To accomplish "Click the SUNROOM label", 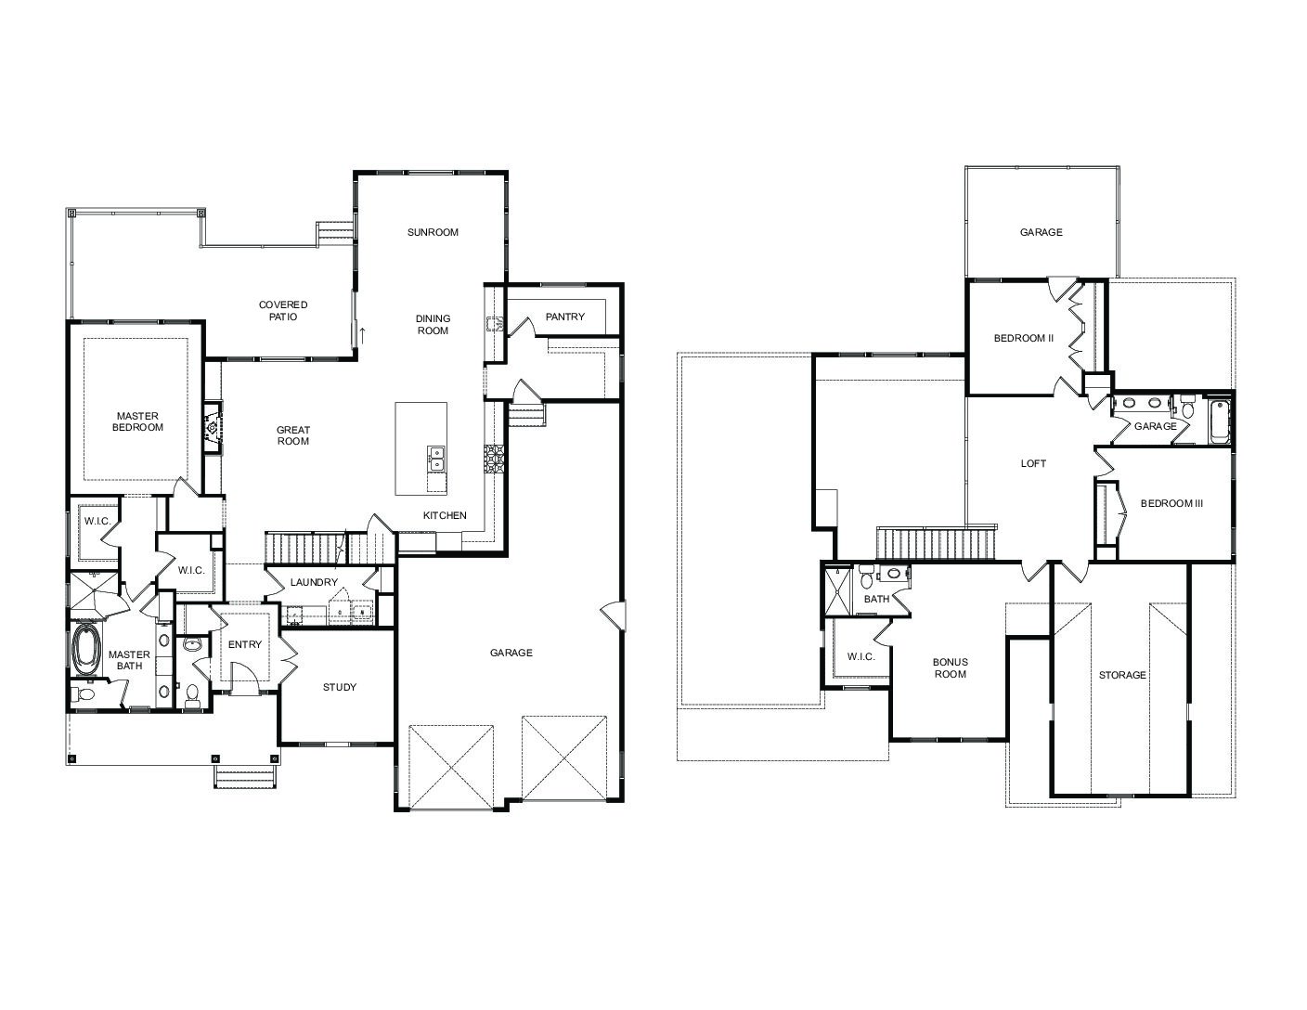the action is pos(433,232).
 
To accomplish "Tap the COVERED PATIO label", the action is pos(283,310).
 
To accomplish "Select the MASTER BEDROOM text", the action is pos(137,421).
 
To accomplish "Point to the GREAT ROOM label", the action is pos(293,435).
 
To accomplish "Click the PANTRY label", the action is pos(564,317).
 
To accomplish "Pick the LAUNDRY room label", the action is pos(314,582).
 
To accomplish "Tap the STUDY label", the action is pos(340,687).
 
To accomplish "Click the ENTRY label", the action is pos(245,644).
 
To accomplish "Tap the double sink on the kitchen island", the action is pos(436,458).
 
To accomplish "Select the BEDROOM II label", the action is pos(1024,338).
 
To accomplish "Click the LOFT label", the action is pos(1033,463).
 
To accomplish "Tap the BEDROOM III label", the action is pos(1171,503).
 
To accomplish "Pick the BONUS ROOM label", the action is pos(951,667).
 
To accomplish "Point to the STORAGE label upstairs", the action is pos(1122,675).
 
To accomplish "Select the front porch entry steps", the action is pos(245,778).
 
